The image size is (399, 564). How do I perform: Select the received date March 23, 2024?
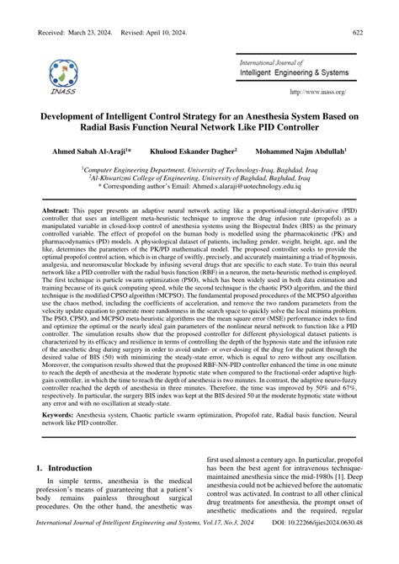coord(93,31)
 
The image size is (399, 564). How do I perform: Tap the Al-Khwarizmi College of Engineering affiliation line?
coord(199,179)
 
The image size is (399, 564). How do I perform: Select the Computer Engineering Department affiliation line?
coord(199,168)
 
